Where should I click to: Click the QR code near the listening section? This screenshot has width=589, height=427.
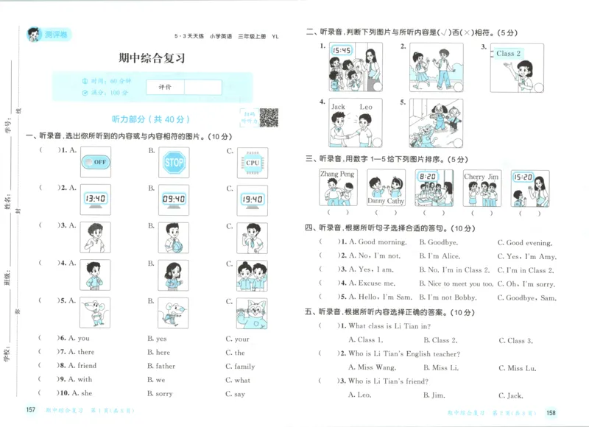coord(269,117)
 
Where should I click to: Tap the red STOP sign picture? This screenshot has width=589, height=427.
coord(174,162)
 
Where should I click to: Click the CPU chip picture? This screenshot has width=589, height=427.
coord(253,162)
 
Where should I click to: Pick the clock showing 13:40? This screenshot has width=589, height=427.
coord(95,199)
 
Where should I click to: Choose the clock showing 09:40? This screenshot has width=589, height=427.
coord(174,199)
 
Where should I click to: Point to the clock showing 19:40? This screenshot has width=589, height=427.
coord(253,199)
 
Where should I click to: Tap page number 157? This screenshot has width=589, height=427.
coord(31,409)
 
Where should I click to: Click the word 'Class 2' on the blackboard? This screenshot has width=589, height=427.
coord(508,54)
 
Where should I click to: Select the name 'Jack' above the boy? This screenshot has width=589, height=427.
coord(338,107)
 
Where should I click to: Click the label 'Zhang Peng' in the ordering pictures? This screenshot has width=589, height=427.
coord(337,174)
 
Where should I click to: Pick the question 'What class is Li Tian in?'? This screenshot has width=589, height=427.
coord(389,326)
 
